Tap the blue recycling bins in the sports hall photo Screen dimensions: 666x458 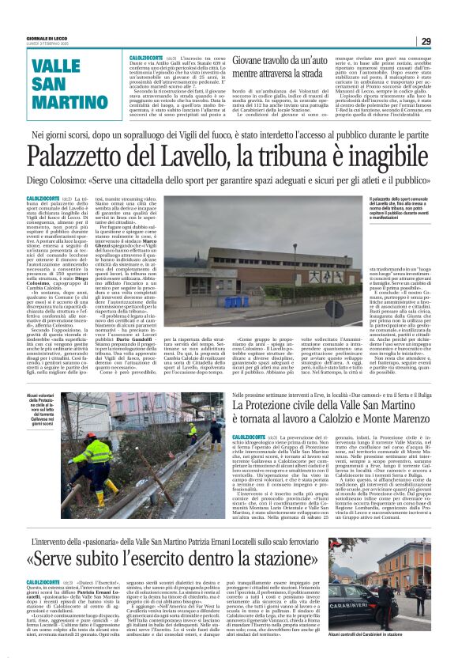pos(236,301)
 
